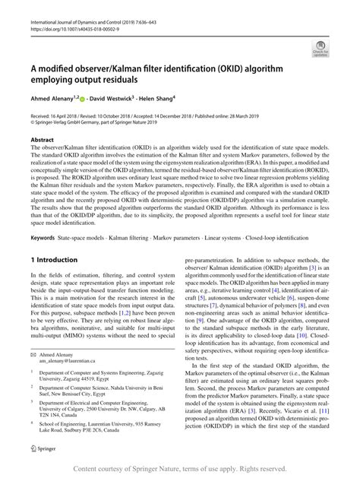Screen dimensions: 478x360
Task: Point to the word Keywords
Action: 44,239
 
